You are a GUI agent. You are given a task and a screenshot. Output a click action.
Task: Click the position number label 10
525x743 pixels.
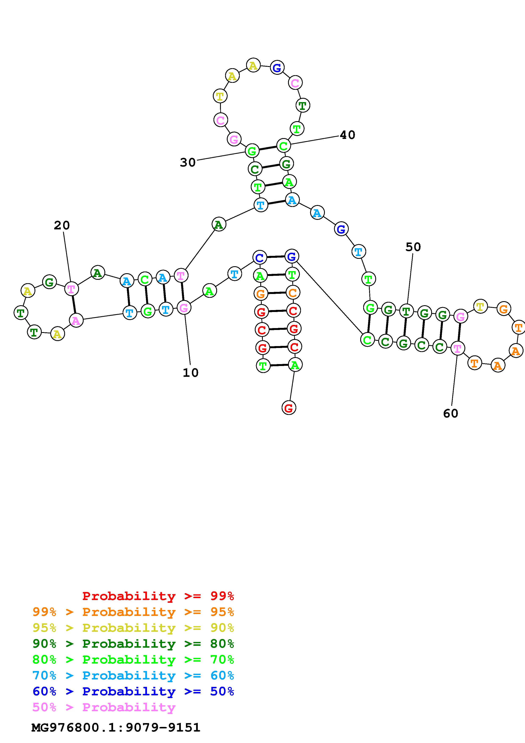pyautogui.click(x=191, y=373)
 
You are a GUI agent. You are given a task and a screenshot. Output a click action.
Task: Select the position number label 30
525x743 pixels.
pyautogui.click(x=188, y=162)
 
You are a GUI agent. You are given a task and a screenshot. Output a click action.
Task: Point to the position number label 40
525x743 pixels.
pyautogui.click(x=347, y=135)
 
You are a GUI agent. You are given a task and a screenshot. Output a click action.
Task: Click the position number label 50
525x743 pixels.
pyautogui.click(x=413, y=247)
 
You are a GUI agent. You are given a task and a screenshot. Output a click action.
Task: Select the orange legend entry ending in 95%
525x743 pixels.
pyautogui.click(x=133, y=612)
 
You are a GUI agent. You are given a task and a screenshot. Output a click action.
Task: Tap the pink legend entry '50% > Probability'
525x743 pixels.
pyautogui.click(x=104, y=707)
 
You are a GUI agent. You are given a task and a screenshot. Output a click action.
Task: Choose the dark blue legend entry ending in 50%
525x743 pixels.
pyautogui.click(x=133, y=691)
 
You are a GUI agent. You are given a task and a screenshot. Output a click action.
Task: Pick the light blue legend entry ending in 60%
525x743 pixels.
pyautogui.click(x=133, y=675)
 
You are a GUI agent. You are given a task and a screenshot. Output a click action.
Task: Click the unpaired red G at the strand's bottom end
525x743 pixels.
pyautogui.click(x=288, y=408)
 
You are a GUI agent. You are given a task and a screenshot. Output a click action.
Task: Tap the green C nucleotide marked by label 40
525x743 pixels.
pyautogui.click(x=283, y=146)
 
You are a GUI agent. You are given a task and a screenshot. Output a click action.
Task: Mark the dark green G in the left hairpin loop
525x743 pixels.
pyautogui.click(x=49, y=282)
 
